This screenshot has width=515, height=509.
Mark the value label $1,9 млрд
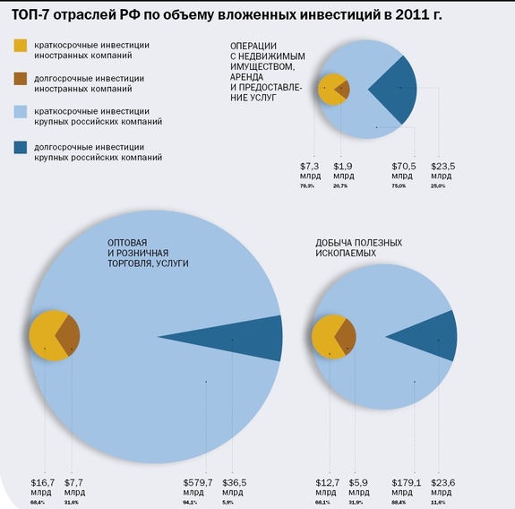[343, 170]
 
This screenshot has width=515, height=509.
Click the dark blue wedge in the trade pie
[242, 338]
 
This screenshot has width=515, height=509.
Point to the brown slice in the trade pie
[69, 336]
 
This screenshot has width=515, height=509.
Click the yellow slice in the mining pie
[325, 338]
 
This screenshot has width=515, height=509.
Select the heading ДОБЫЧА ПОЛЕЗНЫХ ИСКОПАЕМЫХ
[358, 248]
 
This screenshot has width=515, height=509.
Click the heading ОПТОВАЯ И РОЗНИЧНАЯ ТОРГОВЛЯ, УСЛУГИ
[148, 253]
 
